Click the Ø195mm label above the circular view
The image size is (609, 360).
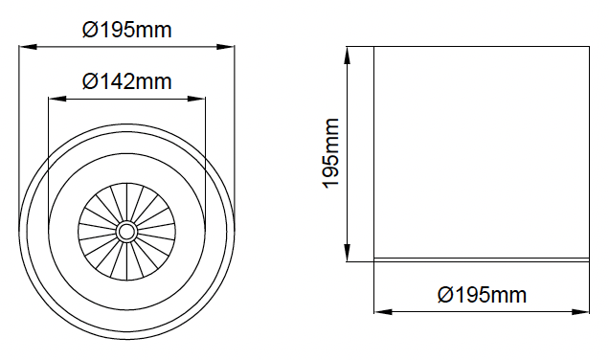(126, 30)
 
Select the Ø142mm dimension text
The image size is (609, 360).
(126, 81)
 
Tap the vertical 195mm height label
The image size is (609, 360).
(331, 153)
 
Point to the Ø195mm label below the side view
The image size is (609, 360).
(482, 295)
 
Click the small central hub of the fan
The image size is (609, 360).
(126, 232)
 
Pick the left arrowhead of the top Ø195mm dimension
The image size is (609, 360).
(28, 47)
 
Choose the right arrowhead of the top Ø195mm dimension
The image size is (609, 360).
(226, 47)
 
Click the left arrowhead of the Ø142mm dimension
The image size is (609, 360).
(57, 99)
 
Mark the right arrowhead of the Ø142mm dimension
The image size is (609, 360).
(196, 99)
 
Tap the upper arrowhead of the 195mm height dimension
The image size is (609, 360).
(348, 56)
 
